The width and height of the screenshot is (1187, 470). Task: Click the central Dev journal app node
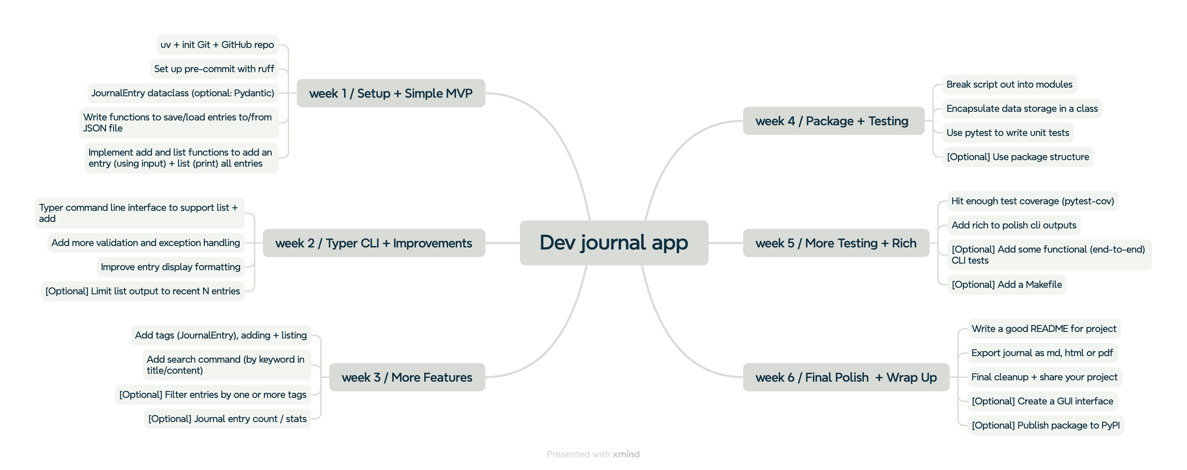point(614,243)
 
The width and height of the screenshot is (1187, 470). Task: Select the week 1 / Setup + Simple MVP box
point(391,93)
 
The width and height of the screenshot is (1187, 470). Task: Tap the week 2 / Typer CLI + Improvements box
point(374,243)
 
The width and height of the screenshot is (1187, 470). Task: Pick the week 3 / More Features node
point(407,377)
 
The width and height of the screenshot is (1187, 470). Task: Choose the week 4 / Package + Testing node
point(834,121)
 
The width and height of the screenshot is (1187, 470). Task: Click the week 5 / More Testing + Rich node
point(836,243)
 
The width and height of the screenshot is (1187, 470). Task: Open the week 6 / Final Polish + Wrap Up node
point(846,377)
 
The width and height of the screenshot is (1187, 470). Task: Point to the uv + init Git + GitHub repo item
point(218,45)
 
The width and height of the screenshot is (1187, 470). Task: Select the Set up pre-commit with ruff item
point(214,69)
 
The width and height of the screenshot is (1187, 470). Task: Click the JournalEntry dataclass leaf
point(183,93)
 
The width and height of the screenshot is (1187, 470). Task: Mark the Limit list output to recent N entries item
point(143,291)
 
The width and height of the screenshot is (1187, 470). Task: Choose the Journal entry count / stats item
point(228,419)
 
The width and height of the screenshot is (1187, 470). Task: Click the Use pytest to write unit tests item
point(1008,133)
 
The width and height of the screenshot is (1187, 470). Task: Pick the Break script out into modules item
point(1009,84)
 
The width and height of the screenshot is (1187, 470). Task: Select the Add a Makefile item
point(1007,284)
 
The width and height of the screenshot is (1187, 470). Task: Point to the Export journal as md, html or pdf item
point(1042,353)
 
